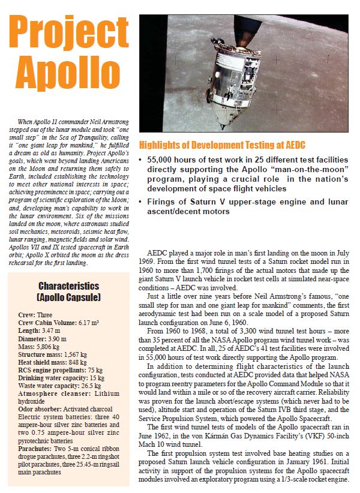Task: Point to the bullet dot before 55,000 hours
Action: click(x=140, y=161)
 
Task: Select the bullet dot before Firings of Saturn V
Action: click(x=140, y=202)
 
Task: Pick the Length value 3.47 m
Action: click(x=47, y=330)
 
